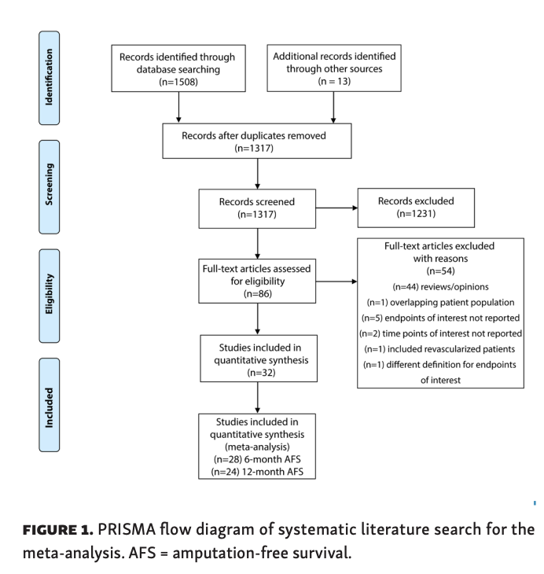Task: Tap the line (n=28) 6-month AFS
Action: (x=256, y=458)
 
